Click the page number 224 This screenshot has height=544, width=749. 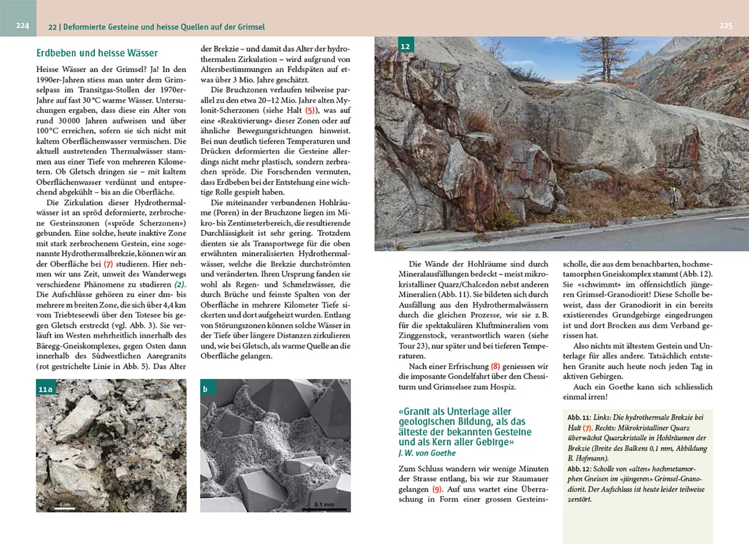coord(22,26)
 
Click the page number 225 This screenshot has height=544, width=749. coord(725,26)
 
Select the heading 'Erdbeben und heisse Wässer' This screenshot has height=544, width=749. coord(97,53)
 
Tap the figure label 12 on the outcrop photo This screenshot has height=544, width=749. coord(405,46)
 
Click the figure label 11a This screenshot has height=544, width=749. coord(45,389)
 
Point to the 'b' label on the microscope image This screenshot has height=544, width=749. coord(205,389)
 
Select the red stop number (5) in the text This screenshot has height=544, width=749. coord(311,110)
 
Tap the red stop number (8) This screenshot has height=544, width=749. coord(495,367)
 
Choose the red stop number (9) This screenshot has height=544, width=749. coord(437,489)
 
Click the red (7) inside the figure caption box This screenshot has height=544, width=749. coord(587,428)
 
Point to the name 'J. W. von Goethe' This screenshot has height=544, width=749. coord(427,453)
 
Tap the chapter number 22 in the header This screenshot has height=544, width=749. coord(52,27)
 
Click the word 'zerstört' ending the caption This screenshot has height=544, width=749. coord(579,500)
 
